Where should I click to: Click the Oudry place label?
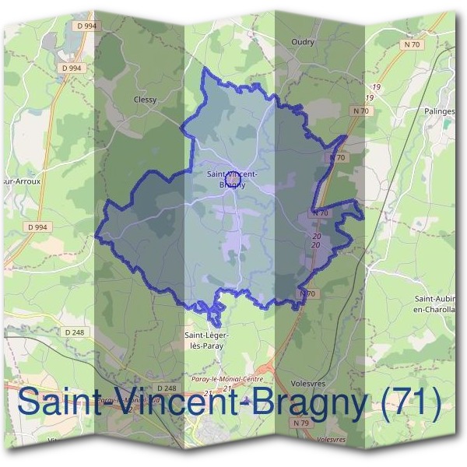click(302, 42)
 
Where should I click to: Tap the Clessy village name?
click(146, 100)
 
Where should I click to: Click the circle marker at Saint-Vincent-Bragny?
click(231, 181)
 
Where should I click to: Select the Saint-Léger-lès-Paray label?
click(206, 341)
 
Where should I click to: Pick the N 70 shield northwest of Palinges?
click(414, 44)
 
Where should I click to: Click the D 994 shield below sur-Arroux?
click(37, 227)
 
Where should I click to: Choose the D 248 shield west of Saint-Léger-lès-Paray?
click(75, 332)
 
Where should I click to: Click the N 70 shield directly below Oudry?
click(360, 111)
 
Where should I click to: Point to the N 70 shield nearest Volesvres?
click(309, 293)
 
